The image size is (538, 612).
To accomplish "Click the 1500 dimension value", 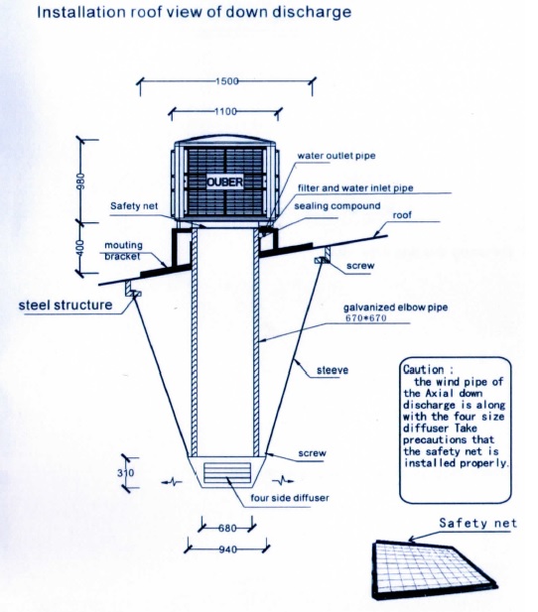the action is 227,81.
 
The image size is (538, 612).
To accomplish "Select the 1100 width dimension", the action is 226,112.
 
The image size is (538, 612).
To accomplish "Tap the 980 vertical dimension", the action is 80,182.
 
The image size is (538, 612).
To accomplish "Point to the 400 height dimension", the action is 79,248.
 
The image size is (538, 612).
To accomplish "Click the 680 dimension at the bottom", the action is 227,528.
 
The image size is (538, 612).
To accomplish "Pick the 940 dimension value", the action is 227,550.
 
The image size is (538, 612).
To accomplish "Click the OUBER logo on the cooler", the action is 225,182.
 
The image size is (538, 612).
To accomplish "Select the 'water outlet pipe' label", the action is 336,156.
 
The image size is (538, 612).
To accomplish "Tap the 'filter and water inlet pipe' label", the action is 355,188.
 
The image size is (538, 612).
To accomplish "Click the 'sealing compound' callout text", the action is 337,206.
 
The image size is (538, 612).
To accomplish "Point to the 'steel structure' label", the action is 66,305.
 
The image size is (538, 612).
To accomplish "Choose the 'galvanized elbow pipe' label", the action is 396,307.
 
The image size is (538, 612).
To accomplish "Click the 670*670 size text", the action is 366,318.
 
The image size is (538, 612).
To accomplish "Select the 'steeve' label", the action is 333,370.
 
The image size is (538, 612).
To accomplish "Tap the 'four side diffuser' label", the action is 290,498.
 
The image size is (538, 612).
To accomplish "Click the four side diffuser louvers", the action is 227,473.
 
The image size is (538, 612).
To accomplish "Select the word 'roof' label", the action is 402,215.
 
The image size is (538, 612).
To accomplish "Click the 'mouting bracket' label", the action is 123,251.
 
